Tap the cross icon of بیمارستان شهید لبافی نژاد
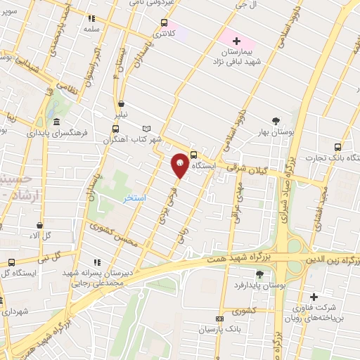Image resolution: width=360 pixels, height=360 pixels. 236,42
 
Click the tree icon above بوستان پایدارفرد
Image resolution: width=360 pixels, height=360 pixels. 259,274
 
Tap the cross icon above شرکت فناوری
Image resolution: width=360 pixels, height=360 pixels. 314,296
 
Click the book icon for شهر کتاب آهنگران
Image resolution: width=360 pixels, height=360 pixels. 146,129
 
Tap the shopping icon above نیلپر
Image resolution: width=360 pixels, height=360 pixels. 122,103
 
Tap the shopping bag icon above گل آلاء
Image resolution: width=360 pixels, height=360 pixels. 40,225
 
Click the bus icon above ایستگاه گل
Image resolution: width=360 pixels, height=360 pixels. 11,263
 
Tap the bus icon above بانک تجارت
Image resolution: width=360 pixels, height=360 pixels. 338,147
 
